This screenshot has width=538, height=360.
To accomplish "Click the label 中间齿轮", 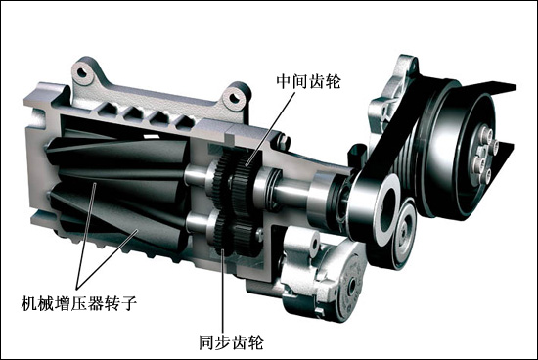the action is pos(308,81).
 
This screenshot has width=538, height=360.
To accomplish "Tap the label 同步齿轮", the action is pos(231,341).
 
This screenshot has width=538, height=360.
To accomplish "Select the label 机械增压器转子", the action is pos(79,302).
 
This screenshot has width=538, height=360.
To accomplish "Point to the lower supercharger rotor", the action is pos(116,209).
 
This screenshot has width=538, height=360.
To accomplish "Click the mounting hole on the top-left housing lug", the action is pos(81,72).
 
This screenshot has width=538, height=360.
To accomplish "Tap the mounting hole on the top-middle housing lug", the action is pos(234,96).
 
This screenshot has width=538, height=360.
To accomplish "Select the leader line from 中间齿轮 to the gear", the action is pos(270,129).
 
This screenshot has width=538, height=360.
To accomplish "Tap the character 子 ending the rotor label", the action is pos(130,302).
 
